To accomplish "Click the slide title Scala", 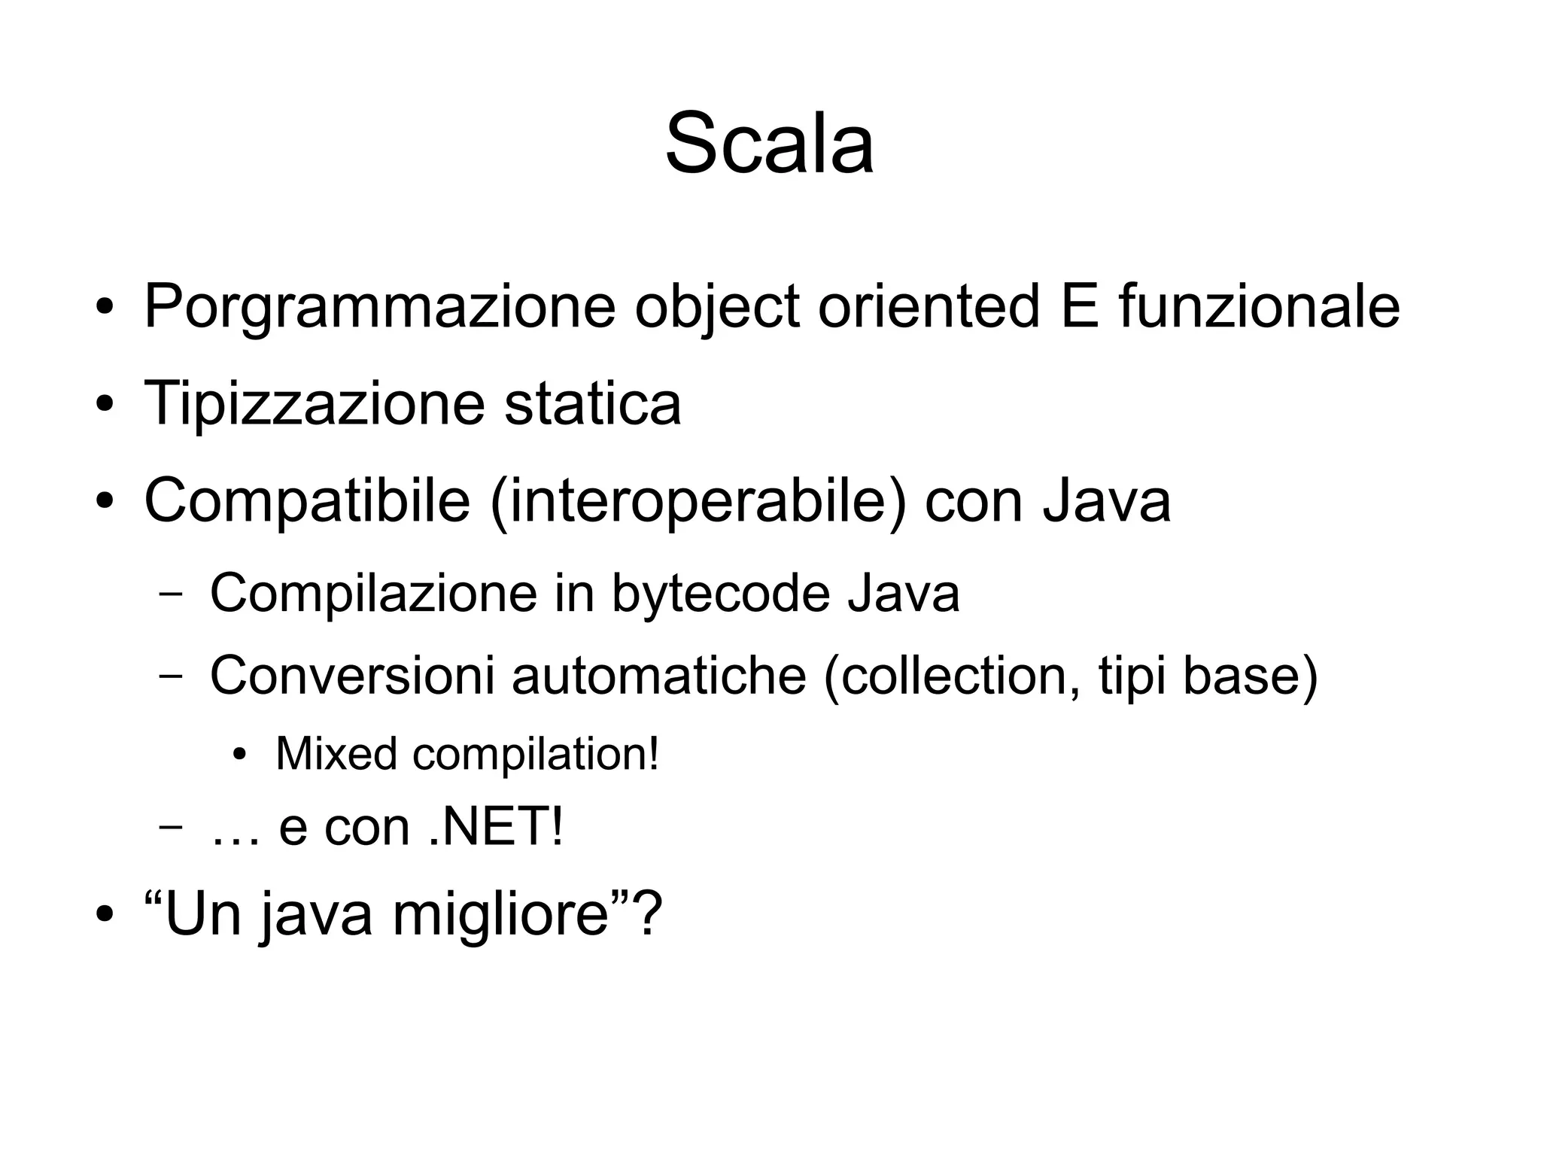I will click(x=769, y=143).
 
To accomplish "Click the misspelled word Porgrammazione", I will click(x=379, y=306).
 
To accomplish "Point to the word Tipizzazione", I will click(x=314, y=403).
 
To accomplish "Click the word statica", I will click(x=592, y=403).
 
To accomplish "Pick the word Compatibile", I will click(x=307, y=500).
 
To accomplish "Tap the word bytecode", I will click(x=720, y=594).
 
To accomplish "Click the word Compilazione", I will click(x=373, y=594).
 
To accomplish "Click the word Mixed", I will click(x=336, y=753).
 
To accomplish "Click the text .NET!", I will click(x=496, y=827).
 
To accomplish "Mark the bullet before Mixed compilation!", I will click(x=239, y=755).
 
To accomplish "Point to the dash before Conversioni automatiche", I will click(x=171, y=675).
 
